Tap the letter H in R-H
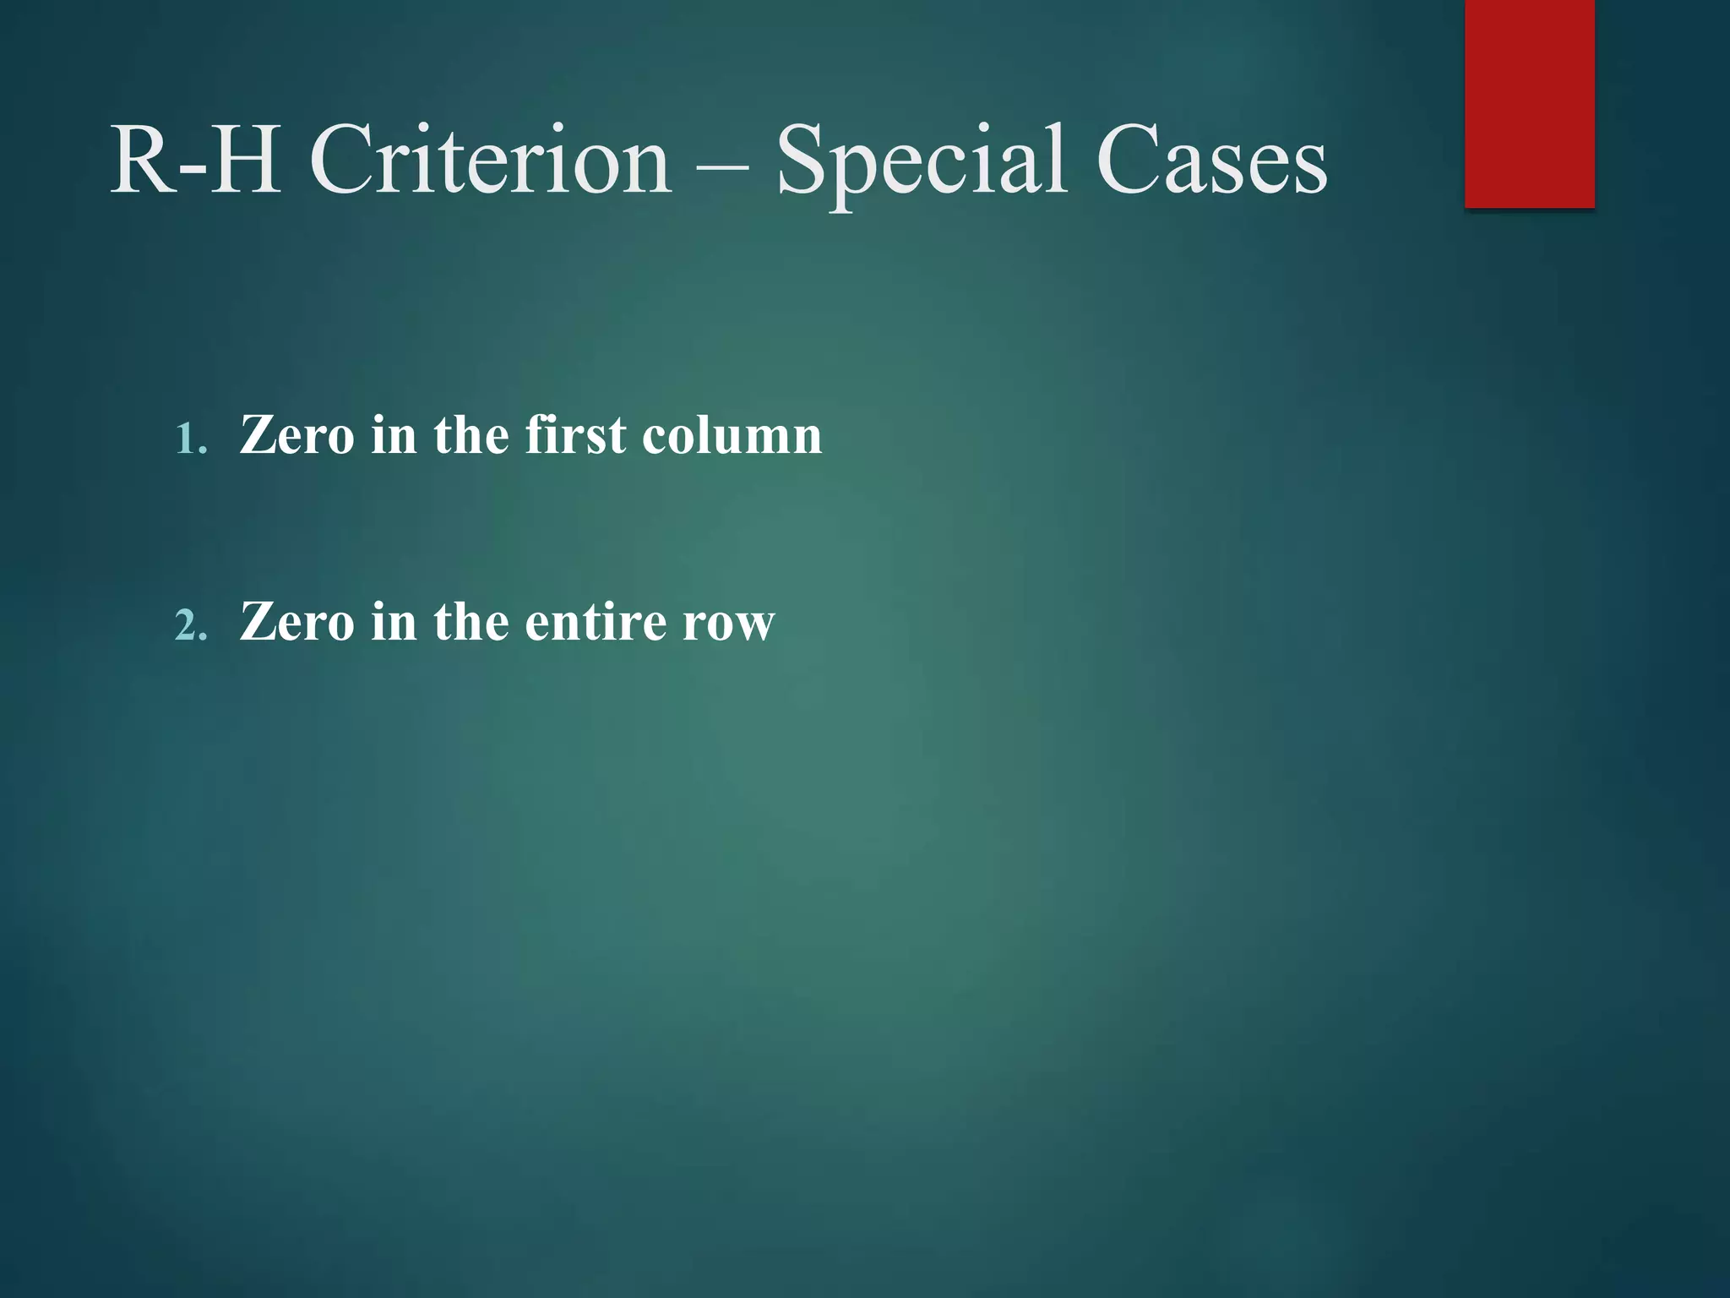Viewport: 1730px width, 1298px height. click(x=245, y=160)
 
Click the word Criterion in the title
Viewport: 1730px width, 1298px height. click(x=490, y=160)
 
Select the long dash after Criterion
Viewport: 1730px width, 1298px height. click(x=723, y=166)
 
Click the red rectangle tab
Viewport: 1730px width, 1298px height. click(x=1529, y=103)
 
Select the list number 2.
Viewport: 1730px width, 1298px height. click(x=190, y=626)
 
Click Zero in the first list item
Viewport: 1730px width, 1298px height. click(x=296, y=435)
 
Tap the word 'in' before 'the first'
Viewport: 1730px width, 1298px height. click(x=394, y=435)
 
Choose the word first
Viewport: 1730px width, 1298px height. click(x=575, y=435)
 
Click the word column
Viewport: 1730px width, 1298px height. click(x=732, y=435)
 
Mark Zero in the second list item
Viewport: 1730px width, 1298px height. click(x=296, y=622)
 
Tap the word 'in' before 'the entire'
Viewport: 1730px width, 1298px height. click(x=394, y=622)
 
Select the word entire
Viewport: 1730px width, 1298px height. click(x=596, y=622)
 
